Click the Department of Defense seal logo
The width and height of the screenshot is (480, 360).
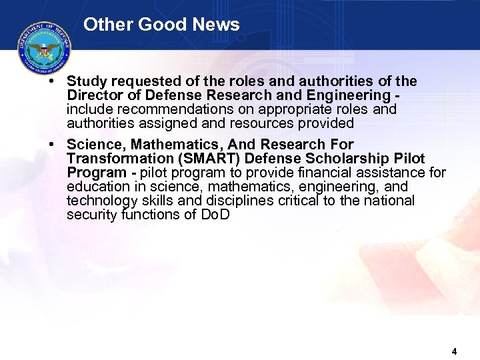click(45, 48)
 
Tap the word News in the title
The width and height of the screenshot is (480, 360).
click(215, 25)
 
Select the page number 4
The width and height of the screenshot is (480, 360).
click(454, 351)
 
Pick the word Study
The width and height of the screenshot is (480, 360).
click(87, 81)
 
